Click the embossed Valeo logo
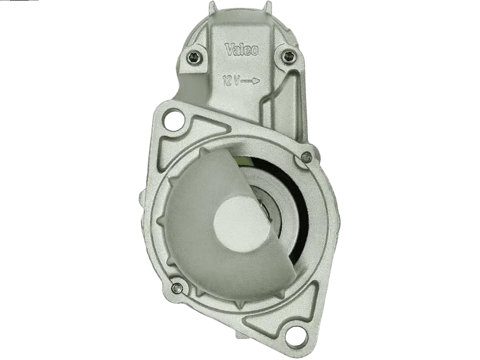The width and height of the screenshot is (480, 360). tap(242, 49)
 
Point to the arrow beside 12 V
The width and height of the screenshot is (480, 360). tap(250, 81)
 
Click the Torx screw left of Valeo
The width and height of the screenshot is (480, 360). tap(194, 56)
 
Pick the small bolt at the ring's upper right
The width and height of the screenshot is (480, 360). tap(306, 158)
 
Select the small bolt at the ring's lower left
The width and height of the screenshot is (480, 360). tap(177, 288)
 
